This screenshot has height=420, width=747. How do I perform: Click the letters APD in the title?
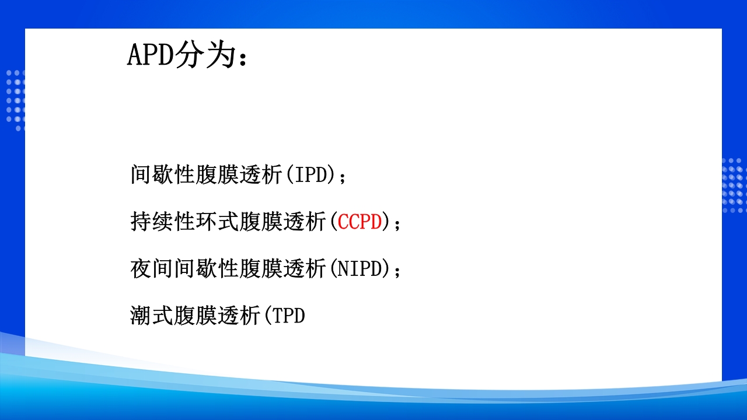pyautogui.click(x=151, y=55)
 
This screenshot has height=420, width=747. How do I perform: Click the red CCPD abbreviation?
pyautogui.click(x=360, y=222)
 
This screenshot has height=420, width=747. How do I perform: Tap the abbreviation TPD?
pyautogui.click(x=289, y=316)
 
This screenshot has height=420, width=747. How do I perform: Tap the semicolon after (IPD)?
pyautogui.click(x=343, y=176)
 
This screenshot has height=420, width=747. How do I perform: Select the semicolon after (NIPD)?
pyautogui.click(x=398, y=271)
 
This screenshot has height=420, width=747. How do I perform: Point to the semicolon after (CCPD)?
pyautogui.click(x=398, y=223)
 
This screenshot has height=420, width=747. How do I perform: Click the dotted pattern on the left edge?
pyautogui.click(x=16, y=99)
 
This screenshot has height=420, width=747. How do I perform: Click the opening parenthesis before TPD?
pyautogui.click(x=268, y=316)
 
